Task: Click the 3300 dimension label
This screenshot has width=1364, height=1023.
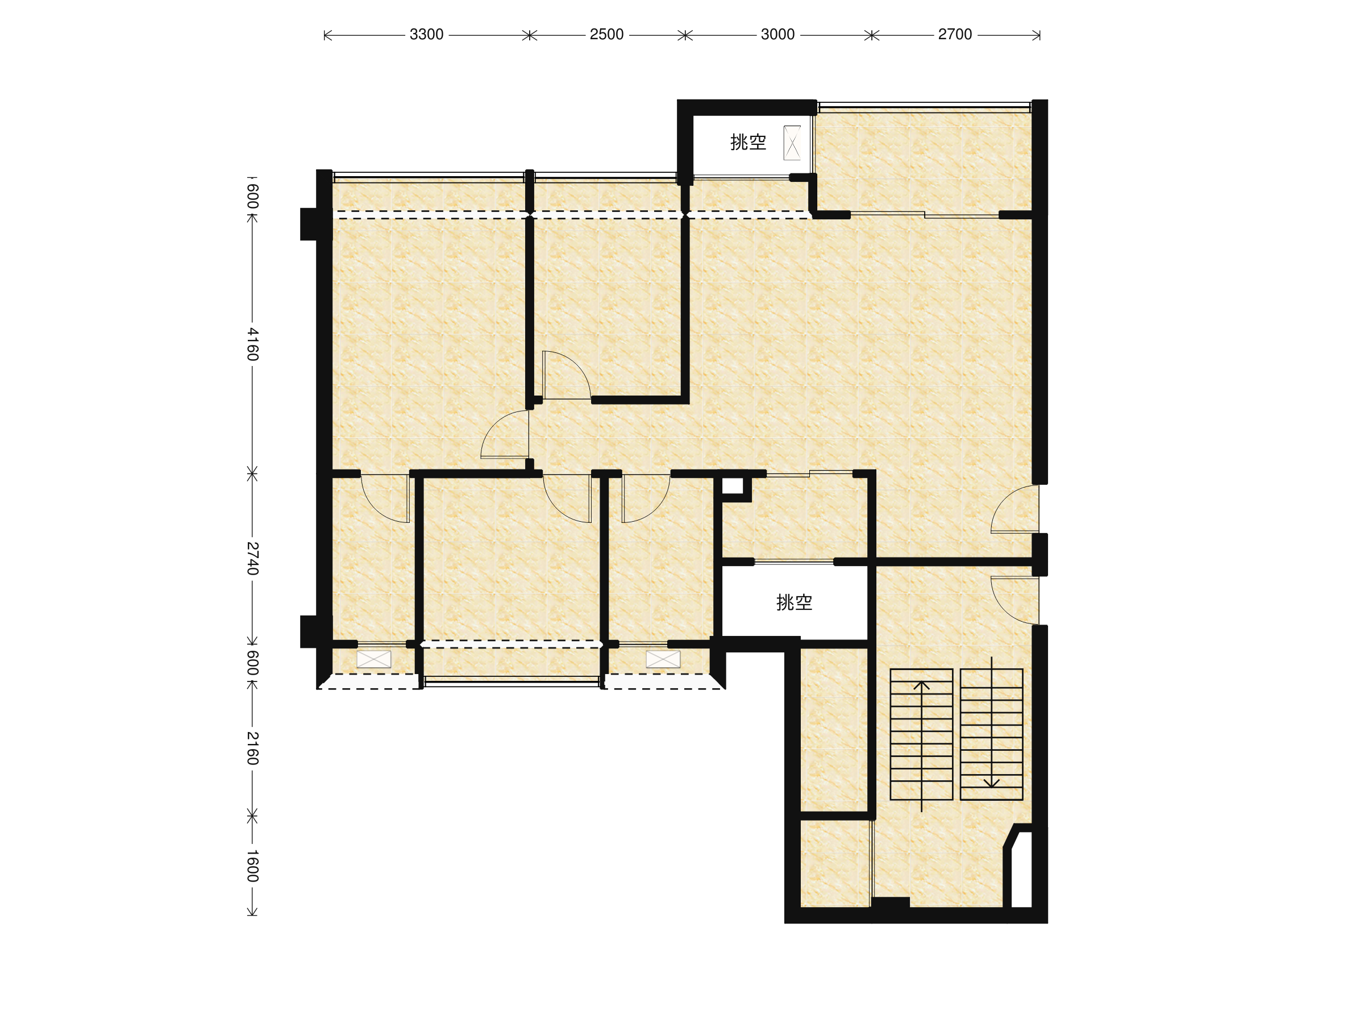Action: pos(426,35)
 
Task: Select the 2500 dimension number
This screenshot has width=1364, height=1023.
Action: pos(606,35)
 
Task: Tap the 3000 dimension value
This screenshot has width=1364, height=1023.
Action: pos(777,35)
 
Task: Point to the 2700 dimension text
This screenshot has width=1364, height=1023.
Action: pos(955,35)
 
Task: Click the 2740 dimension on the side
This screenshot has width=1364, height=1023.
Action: pos(253,558)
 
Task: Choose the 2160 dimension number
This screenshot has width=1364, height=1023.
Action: pos(253,748)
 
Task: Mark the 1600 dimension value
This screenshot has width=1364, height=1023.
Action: pos(253,866)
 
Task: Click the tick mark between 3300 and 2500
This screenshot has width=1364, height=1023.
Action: pos(529,35)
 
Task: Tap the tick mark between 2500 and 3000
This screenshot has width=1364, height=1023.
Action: pos(685,35)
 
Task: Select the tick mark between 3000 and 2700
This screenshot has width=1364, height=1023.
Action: pos(871,35)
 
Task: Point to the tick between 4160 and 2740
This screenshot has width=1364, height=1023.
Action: pos(252,473)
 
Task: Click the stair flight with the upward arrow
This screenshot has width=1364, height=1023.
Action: pos(921,734)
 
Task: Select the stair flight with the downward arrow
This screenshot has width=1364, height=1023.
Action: pos(992,734)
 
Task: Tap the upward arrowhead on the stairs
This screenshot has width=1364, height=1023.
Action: pos(921,684)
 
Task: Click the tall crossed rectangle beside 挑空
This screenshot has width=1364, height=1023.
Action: pos(792,143)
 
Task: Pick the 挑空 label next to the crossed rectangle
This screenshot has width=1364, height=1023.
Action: pos(748,143)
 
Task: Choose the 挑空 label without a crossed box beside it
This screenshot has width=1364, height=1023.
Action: pos(794,602)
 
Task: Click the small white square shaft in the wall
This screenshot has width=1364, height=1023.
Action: pos(733,486)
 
